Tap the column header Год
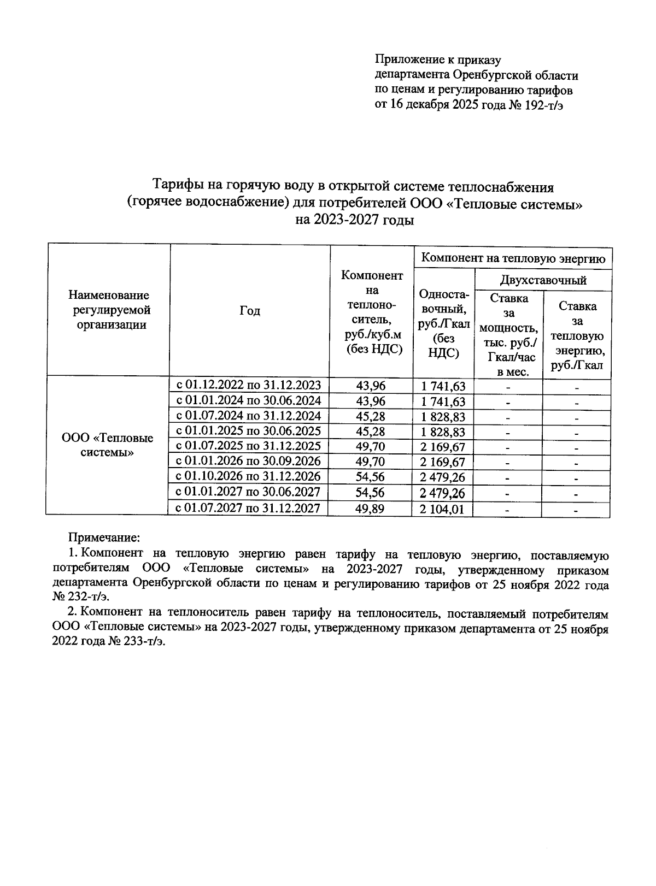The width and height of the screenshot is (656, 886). coord(250,311)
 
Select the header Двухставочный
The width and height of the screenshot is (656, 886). coord(543,280)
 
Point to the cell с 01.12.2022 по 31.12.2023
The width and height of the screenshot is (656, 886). coord(248,385)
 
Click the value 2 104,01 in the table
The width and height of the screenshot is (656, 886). coord(443,510)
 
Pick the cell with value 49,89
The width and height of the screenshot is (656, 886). coord(370,509)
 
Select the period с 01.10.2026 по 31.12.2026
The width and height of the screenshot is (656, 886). coord(248,476)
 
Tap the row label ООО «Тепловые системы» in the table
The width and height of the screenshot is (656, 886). coord(108,445)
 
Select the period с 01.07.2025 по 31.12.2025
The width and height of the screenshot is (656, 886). coord(248,446)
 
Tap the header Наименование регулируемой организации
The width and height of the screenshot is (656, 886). coord(108,310)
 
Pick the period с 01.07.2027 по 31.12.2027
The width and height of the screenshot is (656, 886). coord(248,509)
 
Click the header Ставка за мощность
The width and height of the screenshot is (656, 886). coord(508,335)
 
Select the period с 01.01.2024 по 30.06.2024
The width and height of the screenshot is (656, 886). coord(248,400)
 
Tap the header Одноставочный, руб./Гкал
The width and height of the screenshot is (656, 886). coord(443,323)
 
